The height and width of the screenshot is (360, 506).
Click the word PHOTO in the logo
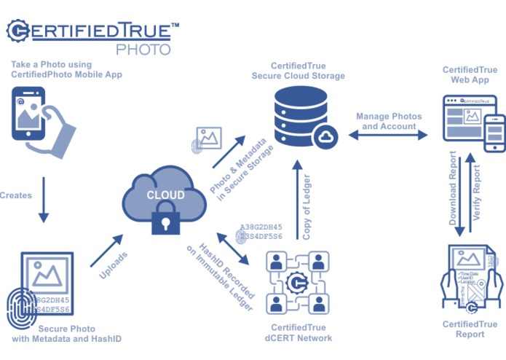coord(143,50)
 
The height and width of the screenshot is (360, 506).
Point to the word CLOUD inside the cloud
coord(165,195)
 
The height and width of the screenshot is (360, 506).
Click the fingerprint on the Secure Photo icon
coord(22,310)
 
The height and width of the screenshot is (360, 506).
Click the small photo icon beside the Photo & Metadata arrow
coord(209,138)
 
